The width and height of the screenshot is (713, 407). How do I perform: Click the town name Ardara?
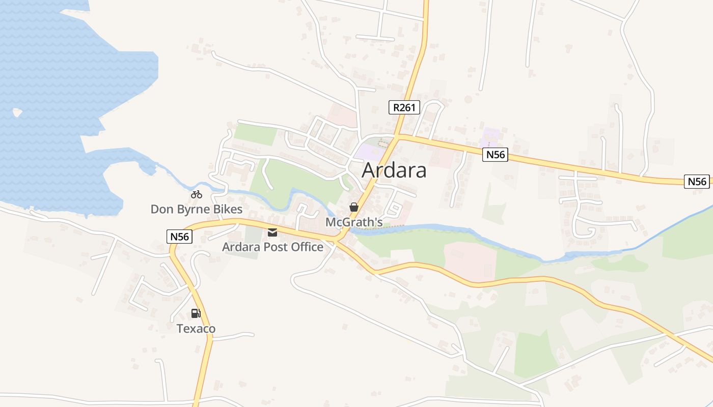click(394, 171)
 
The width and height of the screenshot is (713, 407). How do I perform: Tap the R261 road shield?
click(404, 107)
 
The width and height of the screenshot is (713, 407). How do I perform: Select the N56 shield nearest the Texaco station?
click(179, 236)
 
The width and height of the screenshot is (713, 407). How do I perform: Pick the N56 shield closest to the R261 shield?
click(495, 155)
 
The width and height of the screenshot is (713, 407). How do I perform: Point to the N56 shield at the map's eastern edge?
click(697, 182)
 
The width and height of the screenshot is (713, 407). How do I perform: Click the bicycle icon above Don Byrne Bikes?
click(197, 194)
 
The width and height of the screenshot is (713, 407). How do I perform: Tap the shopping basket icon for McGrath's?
click(354, 208)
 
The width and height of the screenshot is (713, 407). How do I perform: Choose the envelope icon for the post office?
click(272, 232)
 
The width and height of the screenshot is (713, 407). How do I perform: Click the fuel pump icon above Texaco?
click(196, 313)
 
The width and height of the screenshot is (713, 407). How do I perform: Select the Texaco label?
click(196, 329)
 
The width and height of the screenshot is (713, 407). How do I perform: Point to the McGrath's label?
click(354, 222)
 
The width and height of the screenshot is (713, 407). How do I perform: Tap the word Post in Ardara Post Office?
click(274, 247)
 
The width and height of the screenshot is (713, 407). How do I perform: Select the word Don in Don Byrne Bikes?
click(161, 209)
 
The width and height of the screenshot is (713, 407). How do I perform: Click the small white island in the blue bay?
click(17, 112)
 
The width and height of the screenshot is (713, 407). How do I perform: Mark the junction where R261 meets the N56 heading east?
click(398, 136)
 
